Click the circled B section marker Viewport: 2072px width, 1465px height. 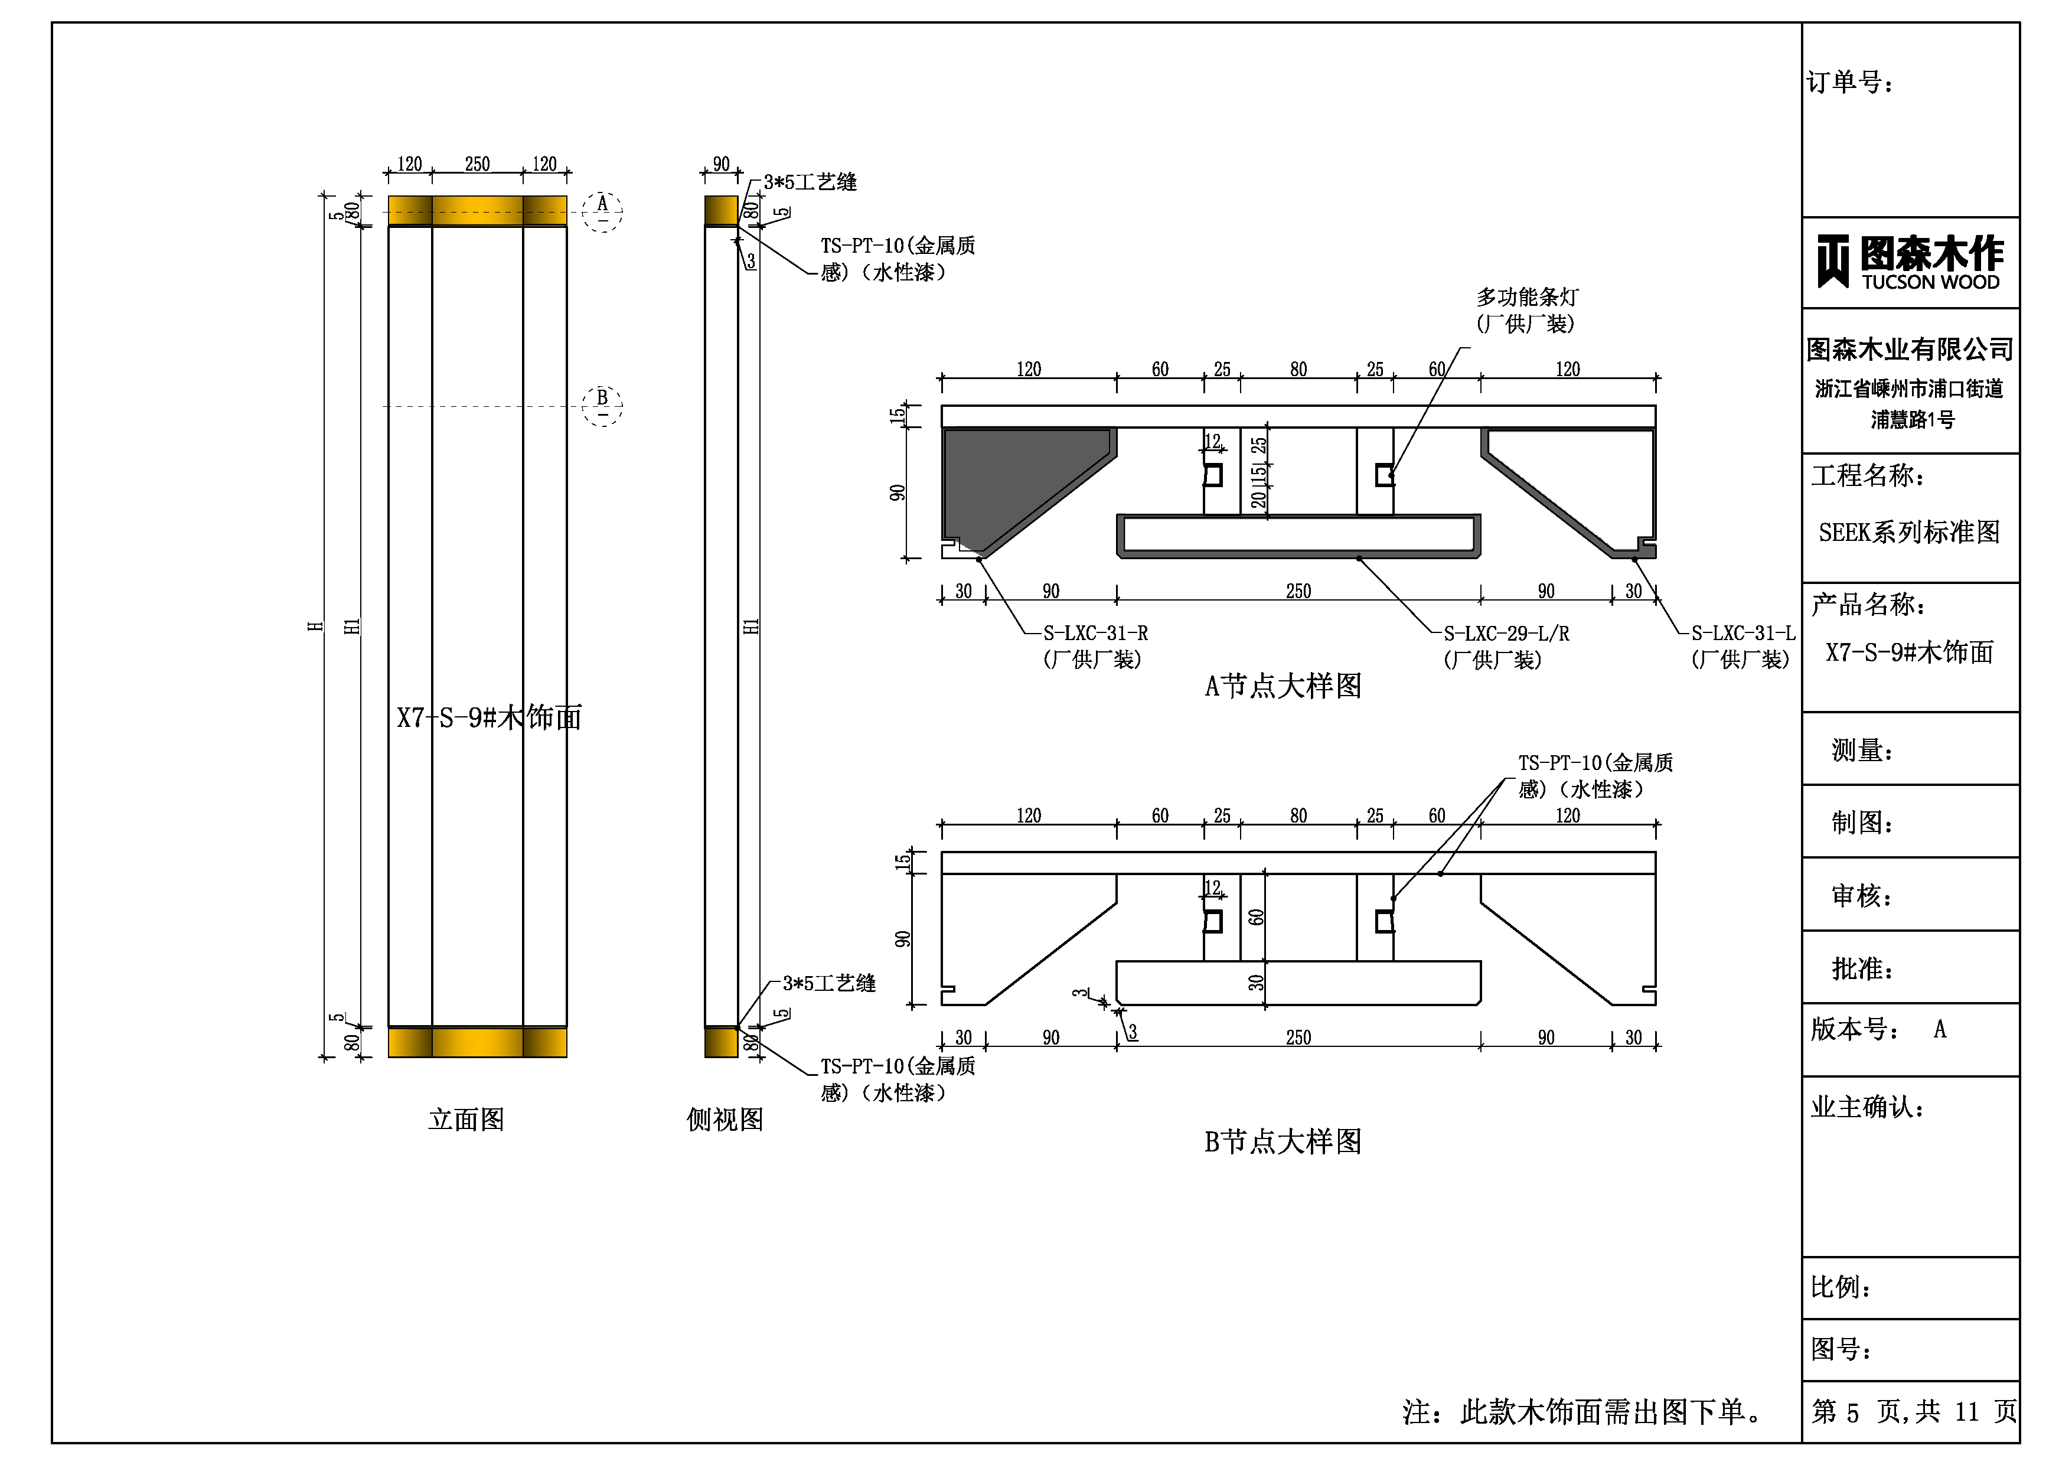click(x=602, y=404)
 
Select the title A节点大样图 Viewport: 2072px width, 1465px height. click(x=1283, y=686)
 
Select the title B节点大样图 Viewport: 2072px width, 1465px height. click(x=1283, y=1142)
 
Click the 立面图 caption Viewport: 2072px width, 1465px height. click(x=466, y=1120)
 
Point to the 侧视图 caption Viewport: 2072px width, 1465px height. click(x=725, y=1120)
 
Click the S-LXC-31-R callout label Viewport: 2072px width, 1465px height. click(x=1095, y=634)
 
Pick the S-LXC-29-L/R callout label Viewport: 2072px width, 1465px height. click(x=1505, y=634)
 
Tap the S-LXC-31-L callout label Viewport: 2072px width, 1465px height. click(x=1742, y=634)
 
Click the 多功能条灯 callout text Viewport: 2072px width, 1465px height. click(x=1527, y=297)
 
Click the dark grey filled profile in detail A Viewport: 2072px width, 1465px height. click(x=1011, y=478)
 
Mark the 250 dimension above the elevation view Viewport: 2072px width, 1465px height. click(x=477, y=164)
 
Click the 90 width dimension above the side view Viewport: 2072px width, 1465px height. click(x=721, y=164)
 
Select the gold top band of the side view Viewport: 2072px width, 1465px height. click(x=721, y=210)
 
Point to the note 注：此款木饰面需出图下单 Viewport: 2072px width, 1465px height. click(x=1583, y=1411)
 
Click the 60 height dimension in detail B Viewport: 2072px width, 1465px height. click(x=1255, y=917)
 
